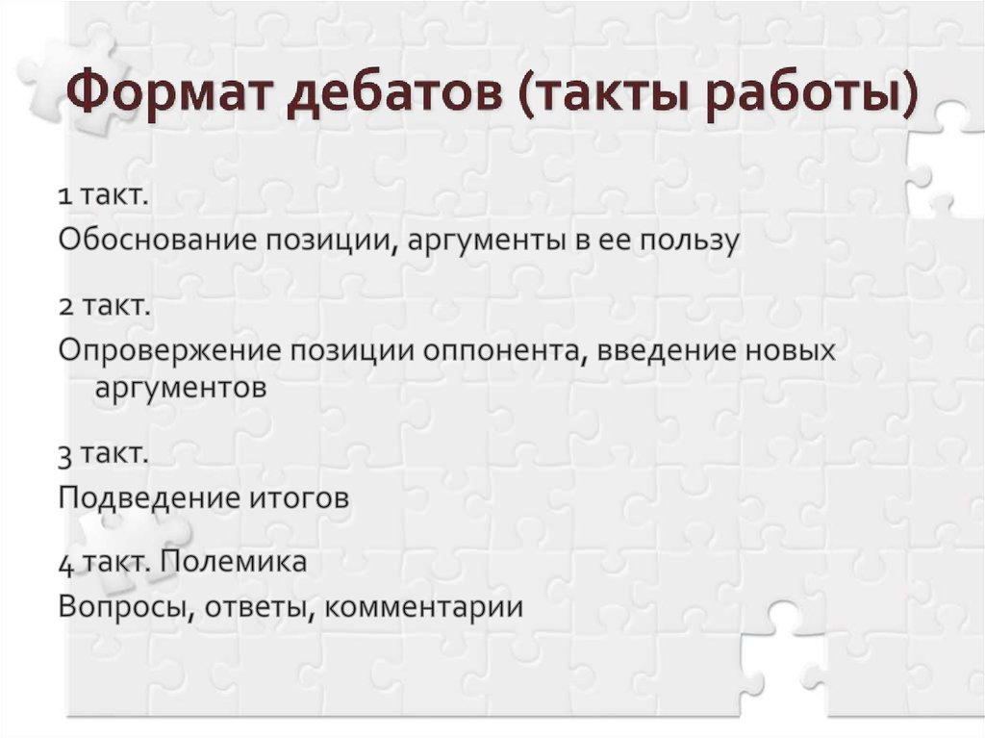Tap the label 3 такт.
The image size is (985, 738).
point(102,454)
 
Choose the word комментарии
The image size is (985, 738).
point(423,607)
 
